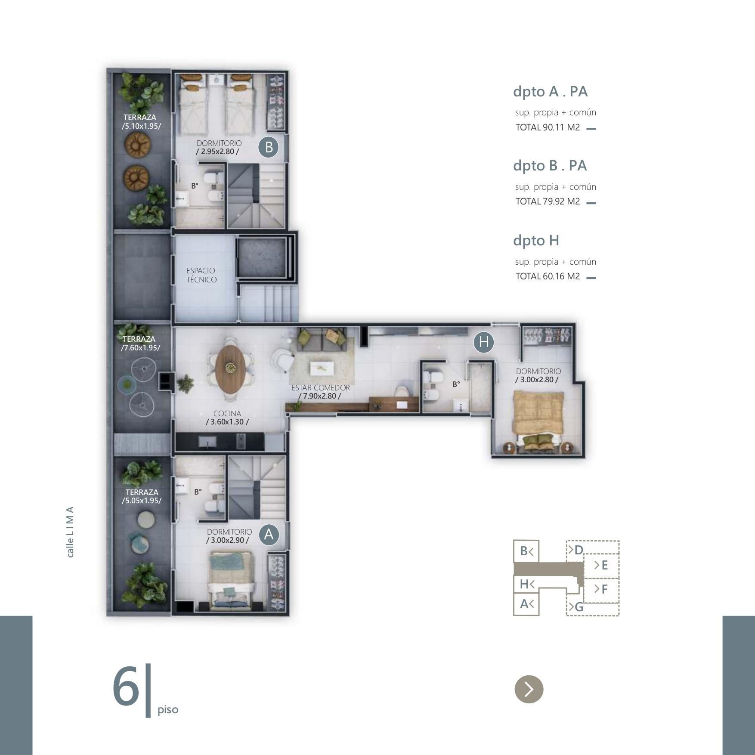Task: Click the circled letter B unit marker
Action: [x=269, y=147]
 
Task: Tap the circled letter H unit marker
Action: [x=483, y=342]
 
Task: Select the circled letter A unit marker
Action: [x=269, y=535]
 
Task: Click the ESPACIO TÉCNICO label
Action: [x=201, y=275]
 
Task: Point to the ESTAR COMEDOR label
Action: [x=320, y=387]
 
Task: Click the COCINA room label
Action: [x=227, y=414]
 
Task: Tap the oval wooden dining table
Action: [x=231, y=368]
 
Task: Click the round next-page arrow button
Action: [x=529, y=689]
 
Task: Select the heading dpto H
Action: [x=536, y=240]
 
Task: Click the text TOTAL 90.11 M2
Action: [x=548, y=127]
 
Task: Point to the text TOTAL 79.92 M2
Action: [x=548, y=201]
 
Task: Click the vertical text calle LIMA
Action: [x=70, y=532]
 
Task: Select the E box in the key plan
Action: [x=601, y=565]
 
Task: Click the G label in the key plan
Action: [x=579, y=607]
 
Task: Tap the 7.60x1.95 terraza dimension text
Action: [x=140, y=348]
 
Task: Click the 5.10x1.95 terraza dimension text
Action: [x=141, y=126]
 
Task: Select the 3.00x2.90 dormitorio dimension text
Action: [x=227, y=540]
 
